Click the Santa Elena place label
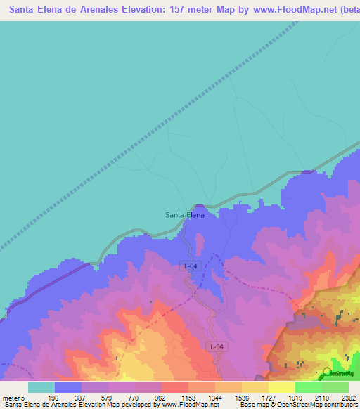pyautogui.click(x=184, y=214)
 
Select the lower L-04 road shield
pyautogui.click(x=217, y=347)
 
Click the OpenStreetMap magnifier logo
pyautogui.click(x=327, y=372)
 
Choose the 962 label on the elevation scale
pyautogui.click(x=160, y=398)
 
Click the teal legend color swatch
pyautogui.click(x=41, y=387)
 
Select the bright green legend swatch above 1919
pyautogui.click(x=308, y=387)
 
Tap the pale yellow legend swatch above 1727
pyautogui.click(x=281, y=387)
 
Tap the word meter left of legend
pyautogui.click(x=11, y=398)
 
